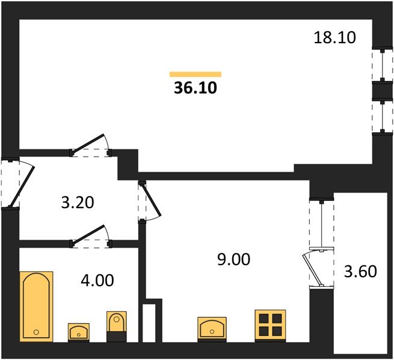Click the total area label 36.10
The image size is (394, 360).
(x=195, y=88)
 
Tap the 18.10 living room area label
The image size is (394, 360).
(x=334, y=38)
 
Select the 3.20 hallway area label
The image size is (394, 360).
(x=78, y=203)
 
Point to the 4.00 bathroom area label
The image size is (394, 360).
(x=97, y=280)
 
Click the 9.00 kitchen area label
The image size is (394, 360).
(x=233, y=259)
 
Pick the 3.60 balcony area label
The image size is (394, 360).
(x=360, y=272)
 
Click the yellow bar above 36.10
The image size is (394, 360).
(x=195, y=74)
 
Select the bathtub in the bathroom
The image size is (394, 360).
(x=37, y=307)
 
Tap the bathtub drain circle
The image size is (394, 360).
(x=36, y=332)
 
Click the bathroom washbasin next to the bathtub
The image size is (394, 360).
(x=79, y=332)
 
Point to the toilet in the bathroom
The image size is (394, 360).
(x=116, y=326)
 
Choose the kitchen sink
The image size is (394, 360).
(x=212, y=329)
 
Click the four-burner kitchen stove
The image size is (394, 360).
(x=270, y=326)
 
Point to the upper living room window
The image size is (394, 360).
(x=382, y=65)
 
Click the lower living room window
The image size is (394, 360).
(x=382, y=116)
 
